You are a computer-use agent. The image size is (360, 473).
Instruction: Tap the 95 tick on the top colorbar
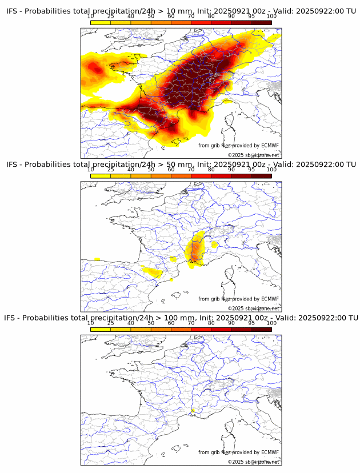pos(251,17)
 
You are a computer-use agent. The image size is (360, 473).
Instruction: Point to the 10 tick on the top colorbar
pos(91,17)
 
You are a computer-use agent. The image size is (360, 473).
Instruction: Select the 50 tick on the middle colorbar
pos(151,170)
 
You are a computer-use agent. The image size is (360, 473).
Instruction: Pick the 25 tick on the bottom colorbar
pos(111,323)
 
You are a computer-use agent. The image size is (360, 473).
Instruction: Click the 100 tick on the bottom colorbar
pos(271,323)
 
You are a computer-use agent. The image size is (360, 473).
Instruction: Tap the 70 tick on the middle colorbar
pos(191,170)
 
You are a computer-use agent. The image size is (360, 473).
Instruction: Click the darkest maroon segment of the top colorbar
pos(261,23)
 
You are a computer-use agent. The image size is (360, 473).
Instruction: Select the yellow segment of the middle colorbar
pos(101,176)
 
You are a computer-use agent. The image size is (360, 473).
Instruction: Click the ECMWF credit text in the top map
pos(238,146)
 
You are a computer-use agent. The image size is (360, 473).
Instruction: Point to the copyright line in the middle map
pos(253,308)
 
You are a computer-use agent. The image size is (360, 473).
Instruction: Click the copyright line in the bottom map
pos(253,462)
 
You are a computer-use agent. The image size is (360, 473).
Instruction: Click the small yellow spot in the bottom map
pos(194,410)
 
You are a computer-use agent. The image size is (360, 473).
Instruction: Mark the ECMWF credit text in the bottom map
pos(238,452)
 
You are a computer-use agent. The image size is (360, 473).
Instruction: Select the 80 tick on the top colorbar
pos(211,17)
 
